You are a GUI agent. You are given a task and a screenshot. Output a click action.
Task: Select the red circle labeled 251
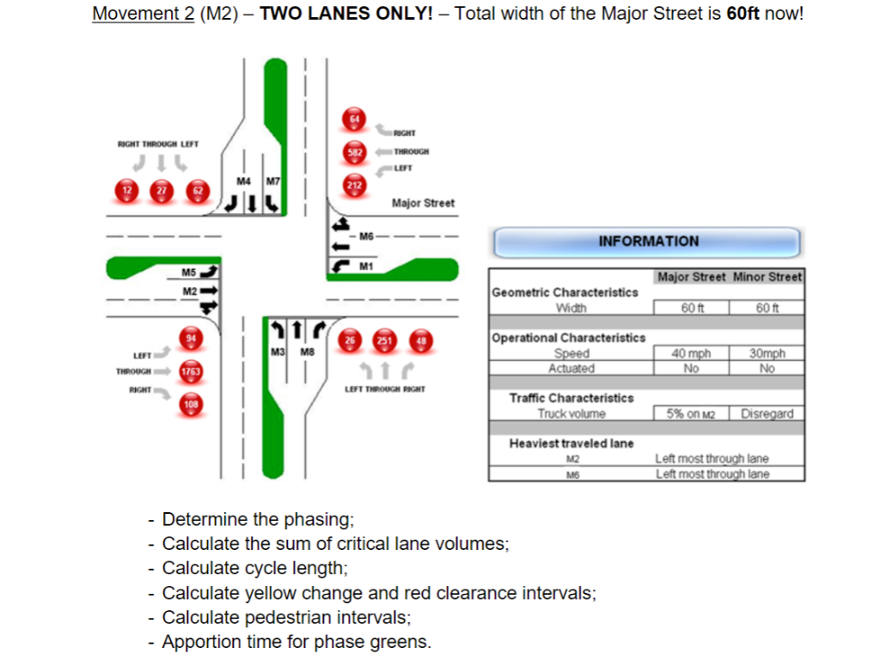click(384, 340)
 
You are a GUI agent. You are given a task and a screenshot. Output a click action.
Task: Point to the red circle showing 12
click(127, 190)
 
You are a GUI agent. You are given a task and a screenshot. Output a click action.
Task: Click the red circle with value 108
click(191, 403)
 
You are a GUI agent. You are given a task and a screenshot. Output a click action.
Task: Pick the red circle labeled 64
click(354, 119)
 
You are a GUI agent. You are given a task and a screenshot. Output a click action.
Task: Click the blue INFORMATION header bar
click(647, 241)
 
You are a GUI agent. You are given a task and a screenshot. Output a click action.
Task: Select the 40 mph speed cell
click(691, 353)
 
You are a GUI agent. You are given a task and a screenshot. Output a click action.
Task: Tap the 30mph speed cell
click(767, 353)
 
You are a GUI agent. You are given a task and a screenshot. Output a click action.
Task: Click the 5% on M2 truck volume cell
click(691, 413)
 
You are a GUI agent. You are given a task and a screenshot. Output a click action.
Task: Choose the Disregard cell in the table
click(767, 413)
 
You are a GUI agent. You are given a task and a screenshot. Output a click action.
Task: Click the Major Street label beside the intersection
click(423, 203)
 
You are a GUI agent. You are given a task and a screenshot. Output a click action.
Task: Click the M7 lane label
click(272, 181)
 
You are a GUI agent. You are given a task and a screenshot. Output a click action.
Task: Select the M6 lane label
click(367, 235)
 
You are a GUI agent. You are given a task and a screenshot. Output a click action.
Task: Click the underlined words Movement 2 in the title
click(143, 15)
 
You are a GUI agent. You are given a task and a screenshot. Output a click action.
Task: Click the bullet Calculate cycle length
click(254, 568)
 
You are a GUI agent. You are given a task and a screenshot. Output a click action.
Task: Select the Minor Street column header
click(767, 277)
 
